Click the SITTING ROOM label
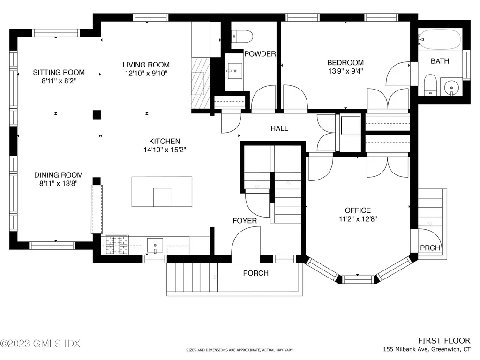tap(59, 72)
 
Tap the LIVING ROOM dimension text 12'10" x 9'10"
tap(146, 73)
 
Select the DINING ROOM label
tap(59, 175)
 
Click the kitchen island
tap(162, 191)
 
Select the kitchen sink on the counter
tap(155, 245)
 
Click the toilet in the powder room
tap(243, 35)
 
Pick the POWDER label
tap(260, 54)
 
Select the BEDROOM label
tap(345, 63)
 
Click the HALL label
tap(279, 128)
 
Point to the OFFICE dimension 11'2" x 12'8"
tap(358, 219)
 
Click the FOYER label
tap(245, 220)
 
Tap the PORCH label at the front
tap(255, 273)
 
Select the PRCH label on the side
tap(430, 248)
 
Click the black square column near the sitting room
tap(97, 114)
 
